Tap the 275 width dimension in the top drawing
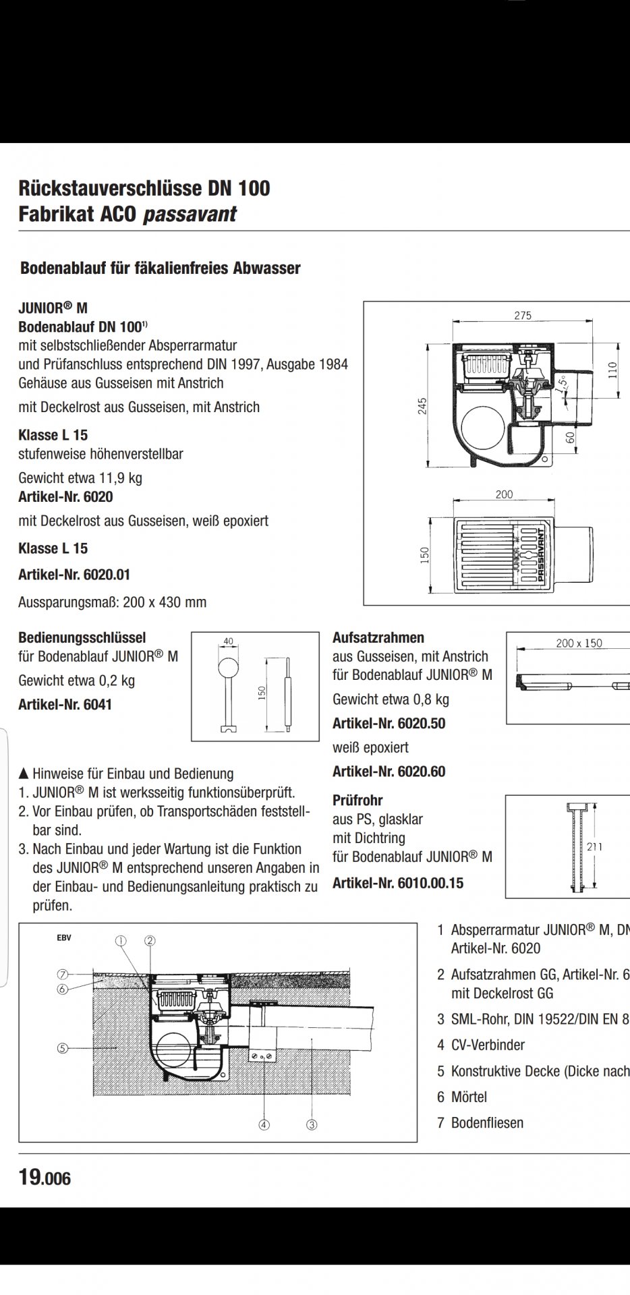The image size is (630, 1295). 523,315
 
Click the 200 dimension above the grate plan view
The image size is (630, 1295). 504,494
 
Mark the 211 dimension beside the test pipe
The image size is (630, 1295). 594,846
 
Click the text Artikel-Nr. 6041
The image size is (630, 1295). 65,705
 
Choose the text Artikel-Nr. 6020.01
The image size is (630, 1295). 74,575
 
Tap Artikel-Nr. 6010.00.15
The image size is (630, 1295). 398,883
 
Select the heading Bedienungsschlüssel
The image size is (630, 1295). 82,637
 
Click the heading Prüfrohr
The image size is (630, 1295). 357,801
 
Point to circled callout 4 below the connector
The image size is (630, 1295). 264,1124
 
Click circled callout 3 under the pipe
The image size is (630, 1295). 312,1124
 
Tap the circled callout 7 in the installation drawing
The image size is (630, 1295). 63,974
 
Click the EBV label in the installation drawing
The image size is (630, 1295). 64,938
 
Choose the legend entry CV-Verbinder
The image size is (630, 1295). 487,1045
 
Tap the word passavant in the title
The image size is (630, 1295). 190,214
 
